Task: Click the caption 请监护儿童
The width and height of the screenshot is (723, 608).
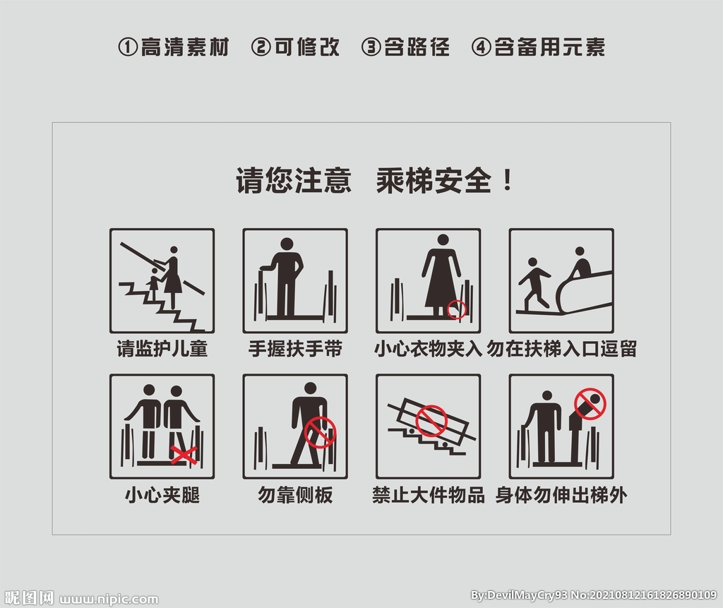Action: tap(162, 349)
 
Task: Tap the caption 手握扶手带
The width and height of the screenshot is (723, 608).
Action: tap(295, 349)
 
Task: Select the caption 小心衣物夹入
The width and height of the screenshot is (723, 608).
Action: tap(429, 349)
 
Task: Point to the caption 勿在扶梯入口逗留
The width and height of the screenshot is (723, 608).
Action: tap(561, 349)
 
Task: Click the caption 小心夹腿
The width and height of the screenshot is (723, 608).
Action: tap(162, 496)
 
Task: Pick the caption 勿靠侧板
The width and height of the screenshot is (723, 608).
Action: tap(295, 496)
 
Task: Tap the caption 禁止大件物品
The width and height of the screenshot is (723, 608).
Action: tap(429, 496)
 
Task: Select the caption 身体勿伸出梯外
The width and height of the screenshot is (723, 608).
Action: tap(561, 496)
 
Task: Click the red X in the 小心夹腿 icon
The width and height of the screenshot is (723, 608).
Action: tap(184, 455)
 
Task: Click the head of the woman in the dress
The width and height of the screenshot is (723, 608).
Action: tap(443, 240)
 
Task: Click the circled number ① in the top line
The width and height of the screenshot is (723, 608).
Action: tap(128, 47)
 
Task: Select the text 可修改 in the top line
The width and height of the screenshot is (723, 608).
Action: tap(307, 47)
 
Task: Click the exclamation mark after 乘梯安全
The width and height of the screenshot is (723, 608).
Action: tap(508, 180)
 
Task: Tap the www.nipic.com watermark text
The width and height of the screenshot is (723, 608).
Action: tap(109, 600)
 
